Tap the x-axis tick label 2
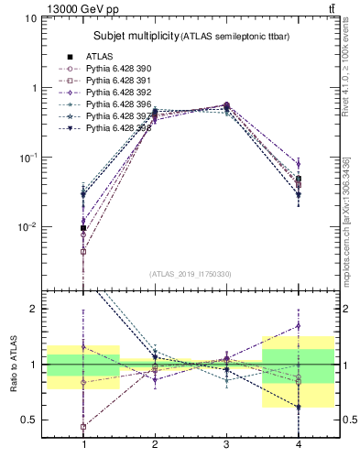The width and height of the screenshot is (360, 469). [155, 444]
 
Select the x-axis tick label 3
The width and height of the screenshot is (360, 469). [225, 444]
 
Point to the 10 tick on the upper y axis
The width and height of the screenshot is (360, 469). [32, 18]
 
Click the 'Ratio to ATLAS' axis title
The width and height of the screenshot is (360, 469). [12, 366]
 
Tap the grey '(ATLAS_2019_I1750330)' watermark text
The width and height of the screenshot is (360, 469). [191, 274]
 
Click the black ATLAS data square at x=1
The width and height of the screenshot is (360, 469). [84, 228]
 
